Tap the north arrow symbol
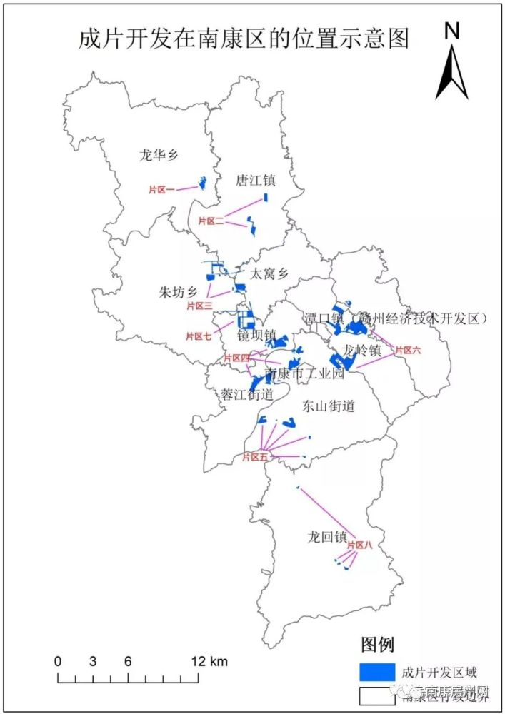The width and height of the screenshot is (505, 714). tap(452, 72)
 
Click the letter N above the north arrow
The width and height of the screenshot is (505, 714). tap(451, 31)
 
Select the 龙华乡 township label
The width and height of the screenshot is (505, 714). tap(159, 154)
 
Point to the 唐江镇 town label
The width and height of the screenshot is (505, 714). tap(256, 181)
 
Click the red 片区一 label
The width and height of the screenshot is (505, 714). tap(161, 189)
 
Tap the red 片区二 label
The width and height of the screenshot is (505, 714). tap(211, 221)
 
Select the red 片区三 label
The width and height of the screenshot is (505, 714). tap(199, 306)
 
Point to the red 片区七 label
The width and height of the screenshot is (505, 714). tap(199, 336)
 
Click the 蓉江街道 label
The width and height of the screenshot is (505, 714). tap(247, 394)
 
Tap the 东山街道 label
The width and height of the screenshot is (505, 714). tap(329, 406)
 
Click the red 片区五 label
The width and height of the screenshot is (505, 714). tap(254, 457)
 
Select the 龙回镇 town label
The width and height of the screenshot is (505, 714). tap(326, 536)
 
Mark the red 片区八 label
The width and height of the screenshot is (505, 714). tap(360, 545)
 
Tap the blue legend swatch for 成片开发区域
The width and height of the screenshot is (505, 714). tap(376, 671)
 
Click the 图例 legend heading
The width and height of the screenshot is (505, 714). tap(378, 645)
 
